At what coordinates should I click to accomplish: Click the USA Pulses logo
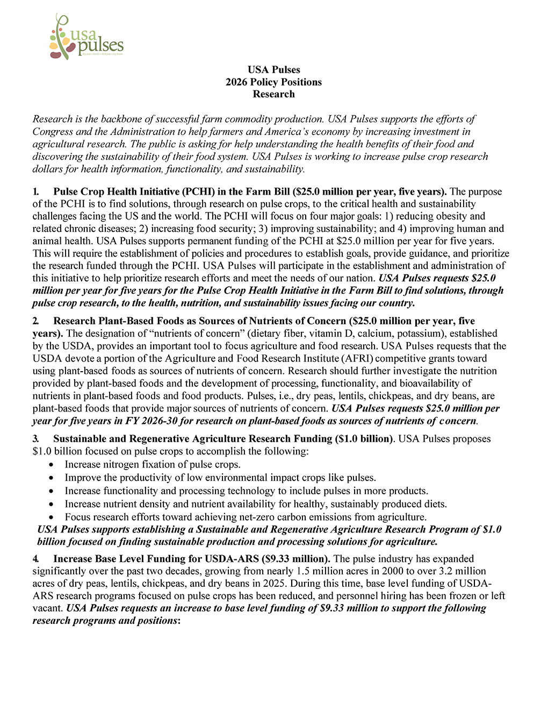86,37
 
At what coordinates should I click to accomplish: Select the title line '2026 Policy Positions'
273,82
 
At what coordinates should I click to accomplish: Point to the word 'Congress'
53,131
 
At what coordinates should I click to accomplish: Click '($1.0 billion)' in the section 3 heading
364,438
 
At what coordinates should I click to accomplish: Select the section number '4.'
36,558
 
